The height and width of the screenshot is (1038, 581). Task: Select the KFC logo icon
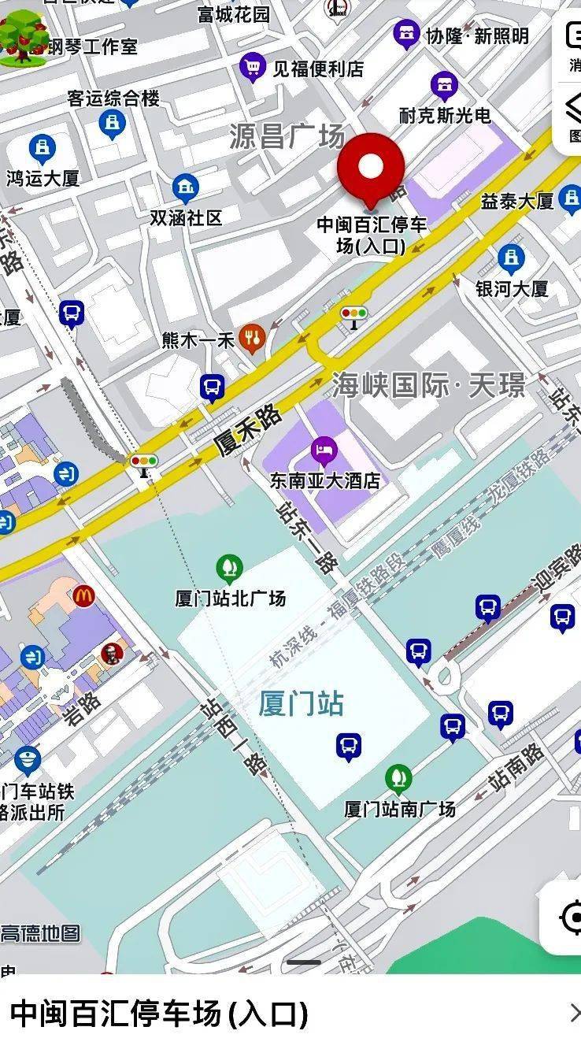pyautogui.click(x=111, y=653)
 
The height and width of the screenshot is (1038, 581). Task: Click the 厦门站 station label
pyautogui.click(x=302, y=703)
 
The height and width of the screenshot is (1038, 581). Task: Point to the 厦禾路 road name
pyautogui.click(x=247, y=430)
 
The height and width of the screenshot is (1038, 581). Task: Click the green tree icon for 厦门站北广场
pyautogui.click(x=229, y=568)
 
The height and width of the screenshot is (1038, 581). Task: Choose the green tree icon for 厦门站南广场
pyautogui.click(x=399, y=779)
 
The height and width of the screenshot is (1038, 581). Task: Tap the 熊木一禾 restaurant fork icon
pyautogui.click(x=252, y=339)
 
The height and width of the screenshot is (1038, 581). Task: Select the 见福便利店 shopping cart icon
pyautogui.click(x=253, y=68)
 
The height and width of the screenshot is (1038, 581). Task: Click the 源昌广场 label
pyautogui.click(x=287, y=136)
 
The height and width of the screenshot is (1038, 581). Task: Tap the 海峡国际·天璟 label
pyautogui.click(x=428, y=385)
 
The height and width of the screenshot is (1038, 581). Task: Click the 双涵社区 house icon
pyautogui.click(x=186, y=187)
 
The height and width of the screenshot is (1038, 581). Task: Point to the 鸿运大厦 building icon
pyautogui.click(x=42, y=149)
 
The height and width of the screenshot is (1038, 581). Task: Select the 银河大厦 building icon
pyautogui.click(x=511, y=258)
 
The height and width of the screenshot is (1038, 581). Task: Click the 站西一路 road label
pyautogui.click(x=234, y=736)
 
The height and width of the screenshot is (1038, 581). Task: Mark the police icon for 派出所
pyautogui.click(x=28, y=759)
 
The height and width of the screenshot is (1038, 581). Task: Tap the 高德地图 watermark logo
pyautogui.click(x=40, y=933)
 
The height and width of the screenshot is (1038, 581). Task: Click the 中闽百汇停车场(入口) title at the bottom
pyautogui.click(x=158, y=1013)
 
